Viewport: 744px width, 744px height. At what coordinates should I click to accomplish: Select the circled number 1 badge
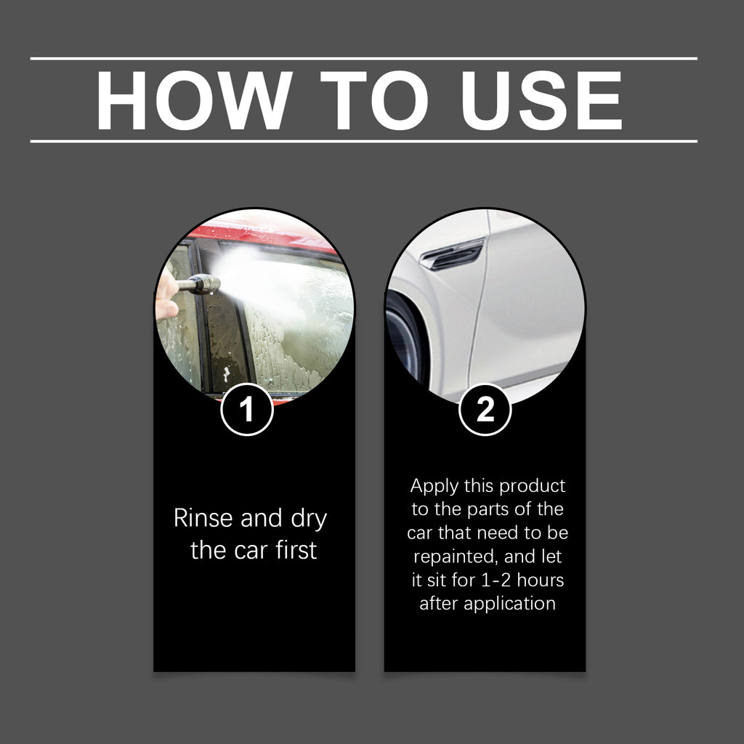click(x=247, y=411)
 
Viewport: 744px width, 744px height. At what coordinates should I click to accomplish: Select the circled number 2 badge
click(x=485, y=411)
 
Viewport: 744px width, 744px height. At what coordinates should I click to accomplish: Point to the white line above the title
click(x=363, y=58)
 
